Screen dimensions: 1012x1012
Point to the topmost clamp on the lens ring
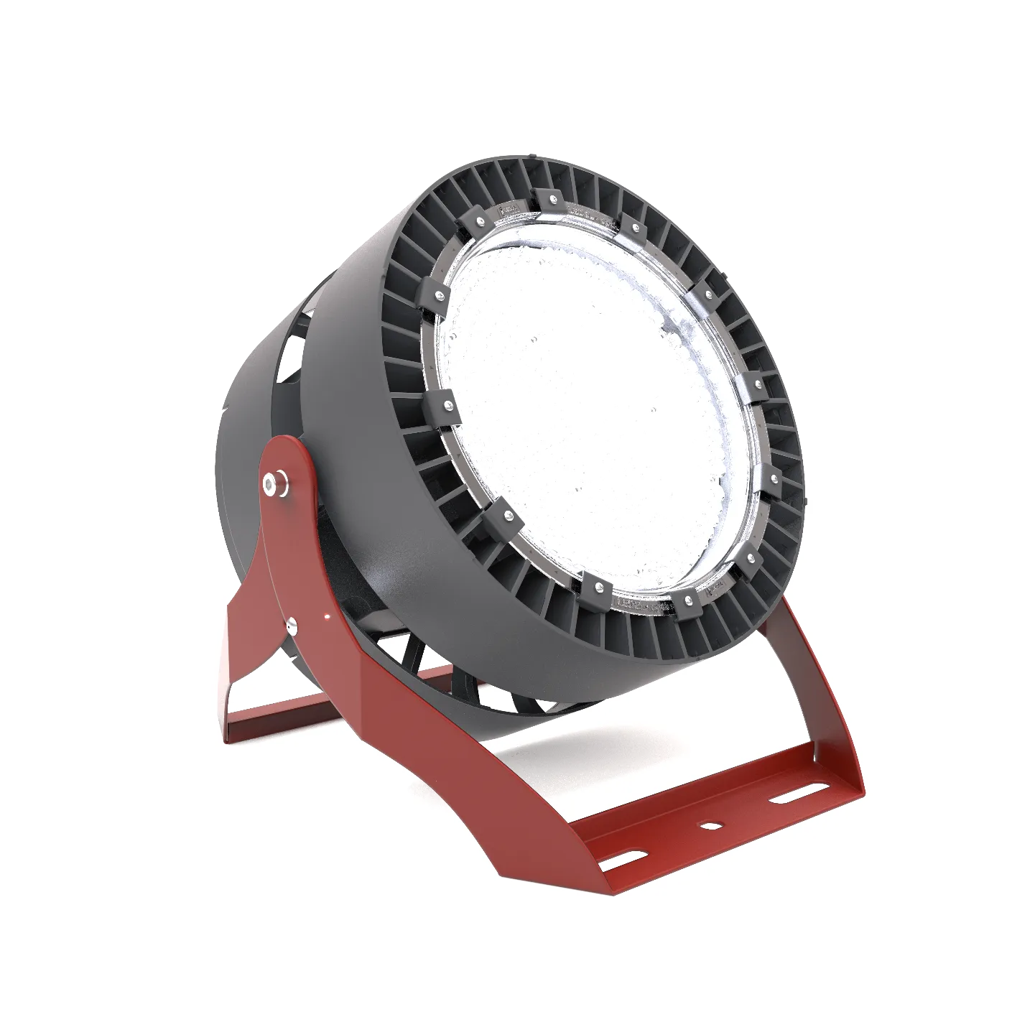[x=547, y=198]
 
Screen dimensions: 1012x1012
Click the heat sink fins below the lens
[x=632, y=632]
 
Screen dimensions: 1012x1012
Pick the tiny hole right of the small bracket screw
[x=328, y=616]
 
